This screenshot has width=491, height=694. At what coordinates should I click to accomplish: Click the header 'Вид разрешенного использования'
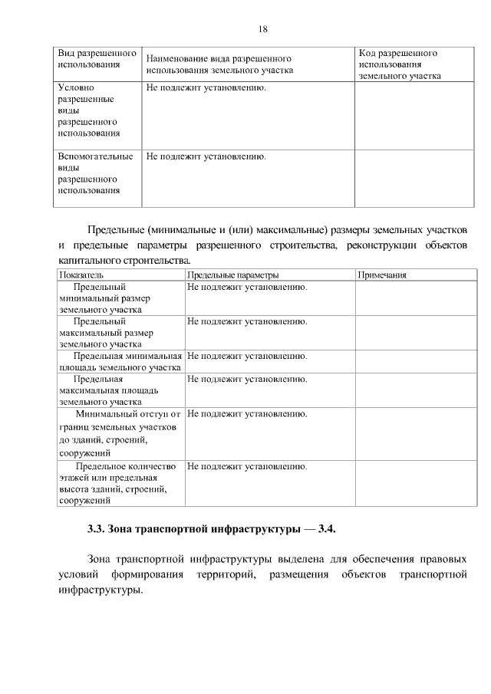coord(88,60)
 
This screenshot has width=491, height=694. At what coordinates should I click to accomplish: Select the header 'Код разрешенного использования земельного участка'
coord(399,65)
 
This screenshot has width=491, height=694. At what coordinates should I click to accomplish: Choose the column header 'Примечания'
coord(382,275)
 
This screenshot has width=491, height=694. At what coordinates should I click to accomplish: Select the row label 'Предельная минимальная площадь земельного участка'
coord(120,361)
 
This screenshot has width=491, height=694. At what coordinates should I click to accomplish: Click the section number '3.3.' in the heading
coord(96,529)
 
